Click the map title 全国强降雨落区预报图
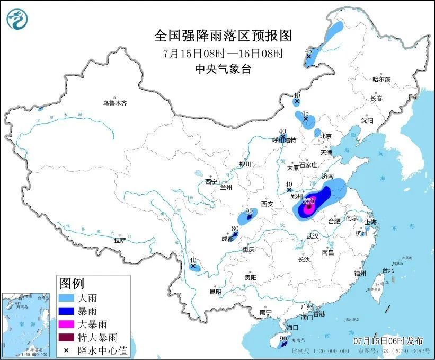[x=223, y=36]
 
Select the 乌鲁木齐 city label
[x=115, y=103]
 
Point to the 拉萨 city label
[x=120, y=240]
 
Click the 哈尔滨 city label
[x=381, y=79]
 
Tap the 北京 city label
[x=326, y=136]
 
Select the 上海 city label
[x=370, y=222]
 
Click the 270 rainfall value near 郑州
[x=309, y=201]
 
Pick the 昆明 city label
[x=215, y=291]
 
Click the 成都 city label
[x=227, y=239]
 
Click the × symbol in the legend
[x=67, y=350]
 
